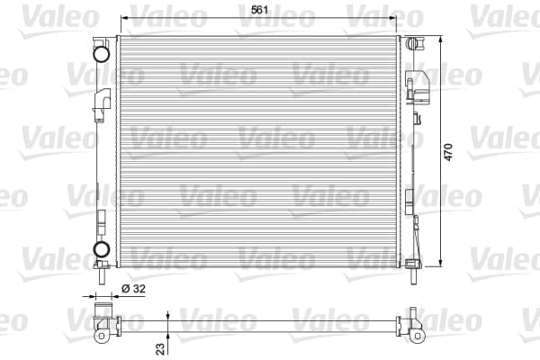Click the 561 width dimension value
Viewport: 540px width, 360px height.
259,10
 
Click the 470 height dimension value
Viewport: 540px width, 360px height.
448,152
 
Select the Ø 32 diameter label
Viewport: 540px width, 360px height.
133,288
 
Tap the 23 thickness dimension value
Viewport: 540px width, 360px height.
160,348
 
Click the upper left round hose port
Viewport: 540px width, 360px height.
102,54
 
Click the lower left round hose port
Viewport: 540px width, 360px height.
102,249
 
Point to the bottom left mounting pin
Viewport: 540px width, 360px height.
102,276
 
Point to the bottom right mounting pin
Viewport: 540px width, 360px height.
414,276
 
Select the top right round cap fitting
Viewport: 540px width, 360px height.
411,44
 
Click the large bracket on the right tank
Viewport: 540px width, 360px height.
418,86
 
